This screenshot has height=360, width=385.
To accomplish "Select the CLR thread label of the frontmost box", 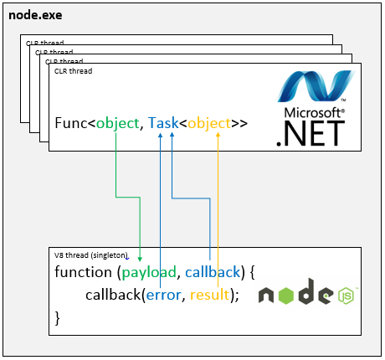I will pos(73,71).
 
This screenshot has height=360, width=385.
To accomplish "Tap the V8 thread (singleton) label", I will pos(91,255).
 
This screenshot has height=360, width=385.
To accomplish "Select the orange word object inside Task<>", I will pos(208,124).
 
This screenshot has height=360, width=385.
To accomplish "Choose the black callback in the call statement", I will pos(113,295).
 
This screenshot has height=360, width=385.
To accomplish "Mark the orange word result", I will pos(209,295).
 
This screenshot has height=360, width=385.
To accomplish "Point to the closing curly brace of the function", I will pos(58,316).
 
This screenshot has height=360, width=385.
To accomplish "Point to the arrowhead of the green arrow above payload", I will pos(139,259).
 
